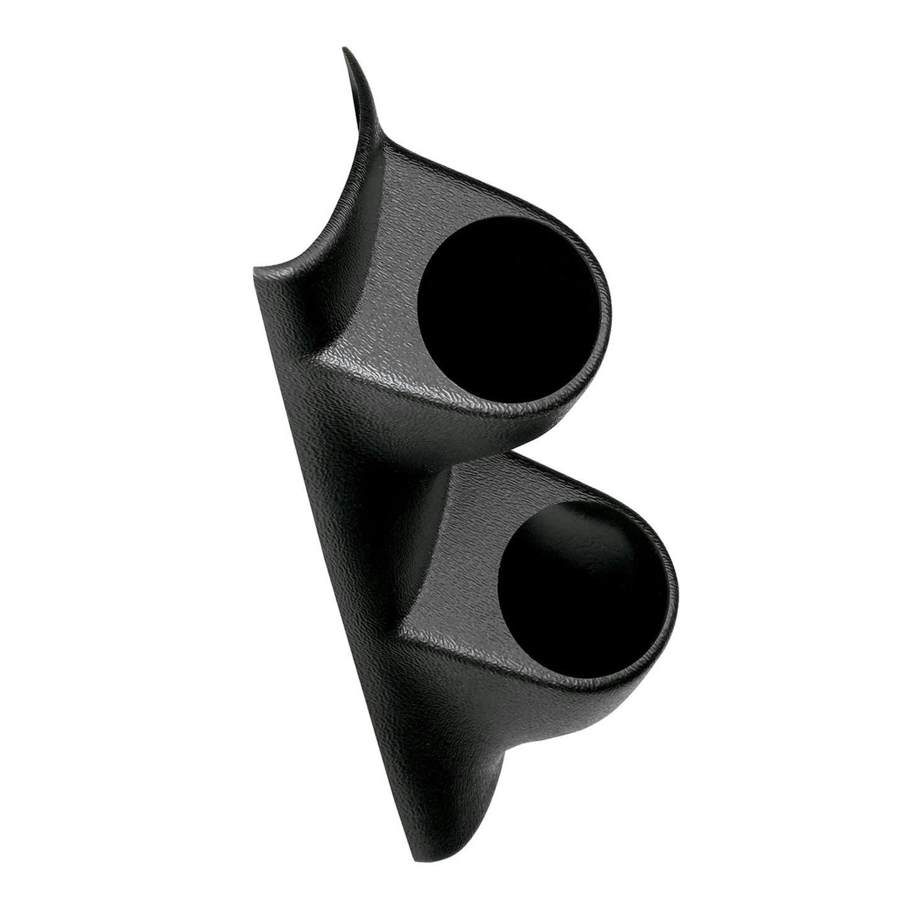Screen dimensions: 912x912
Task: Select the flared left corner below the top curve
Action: pos(258,269)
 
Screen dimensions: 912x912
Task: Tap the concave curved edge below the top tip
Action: pos(327,208)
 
